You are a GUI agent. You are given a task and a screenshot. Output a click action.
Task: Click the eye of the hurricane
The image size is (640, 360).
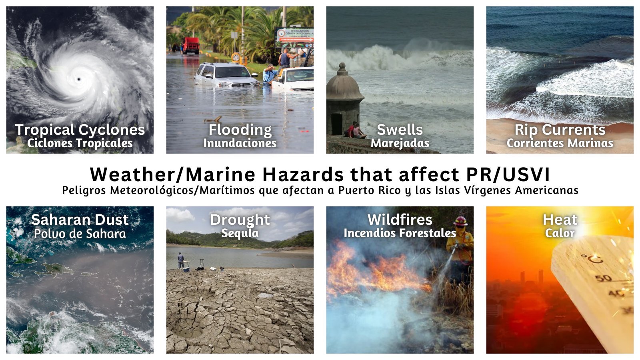[x=78, y=79]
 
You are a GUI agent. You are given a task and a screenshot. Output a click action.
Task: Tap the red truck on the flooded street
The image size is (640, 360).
[x=191, y=46]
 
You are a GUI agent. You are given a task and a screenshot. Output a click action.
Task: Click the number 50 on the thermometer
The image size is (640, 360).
[x=604, y=278]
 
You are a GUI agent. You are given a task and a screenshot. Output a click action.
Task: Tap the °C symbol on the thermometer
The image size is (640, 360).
[x=592, y=259]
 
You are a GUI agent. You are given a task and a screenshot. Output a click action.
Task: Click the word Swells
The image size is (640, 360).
[x=400, y=130]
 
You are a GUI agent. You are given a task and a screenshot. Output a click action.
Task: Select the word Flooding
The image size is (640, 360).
[x=240, y=130]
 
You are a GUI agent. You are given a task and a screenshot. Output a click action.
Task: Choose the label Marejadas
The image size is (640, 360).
[x=400, y=143]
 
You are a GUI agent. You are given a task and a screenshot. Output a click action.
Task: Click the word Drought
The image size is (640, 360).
[x=240, y=220]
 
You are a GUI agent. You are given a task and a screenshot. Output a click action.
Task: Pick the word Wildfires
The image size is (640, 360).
[x=400, y=220]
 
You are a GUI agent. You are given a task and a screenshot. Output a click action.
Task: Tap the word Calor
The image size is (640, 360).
[x=560, y=233]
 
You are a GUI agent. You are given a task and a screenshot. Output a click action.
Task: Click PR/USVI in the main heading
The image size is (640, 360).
[x=508, y=174]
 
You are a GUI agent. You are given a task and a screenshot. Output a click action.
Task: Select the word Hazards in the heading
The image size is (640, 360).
[x=303, y=174]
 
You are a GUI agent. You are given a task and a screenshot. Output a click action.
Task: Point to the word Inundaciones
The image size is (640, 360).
[x=240, y=143]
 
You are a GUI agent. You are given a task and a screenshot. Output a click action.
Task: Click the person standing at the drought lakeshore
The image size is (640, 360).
[x=180, y=260]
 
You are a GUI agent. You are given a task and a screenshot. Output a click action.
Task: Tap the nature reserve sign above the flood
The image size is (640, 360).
[x=294, y=38]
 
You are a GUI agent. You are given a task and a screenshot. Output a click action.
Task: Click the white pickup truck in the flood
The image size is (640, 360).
[x=292, y=78]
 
